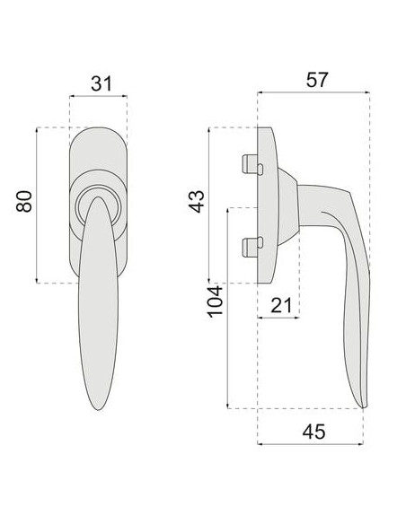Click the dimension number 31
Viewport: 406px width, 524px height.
click(x=101, y=83)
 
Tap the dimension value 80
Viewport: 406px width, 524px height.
click(x=24, y=201)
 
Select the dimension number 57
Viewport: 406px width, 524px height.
click(x=317, y=80)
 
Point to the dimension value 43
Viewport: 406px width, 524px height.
click(x=197, y=201)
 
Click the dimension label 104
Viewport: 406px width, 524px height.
click(x=215, y=301)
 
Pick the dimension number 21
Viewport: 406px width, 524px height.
click(x=281, y=305)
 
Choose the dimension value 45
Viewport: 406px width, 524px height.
click(x=313, y=432)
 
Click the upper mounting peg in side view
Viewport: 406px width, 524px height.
click(x=252, y=164)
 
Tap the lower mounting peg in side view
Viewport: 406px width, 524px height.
click(x=252, y=247)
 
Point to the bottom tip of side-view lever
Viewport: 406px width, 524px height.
click(x=364, y=407)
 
